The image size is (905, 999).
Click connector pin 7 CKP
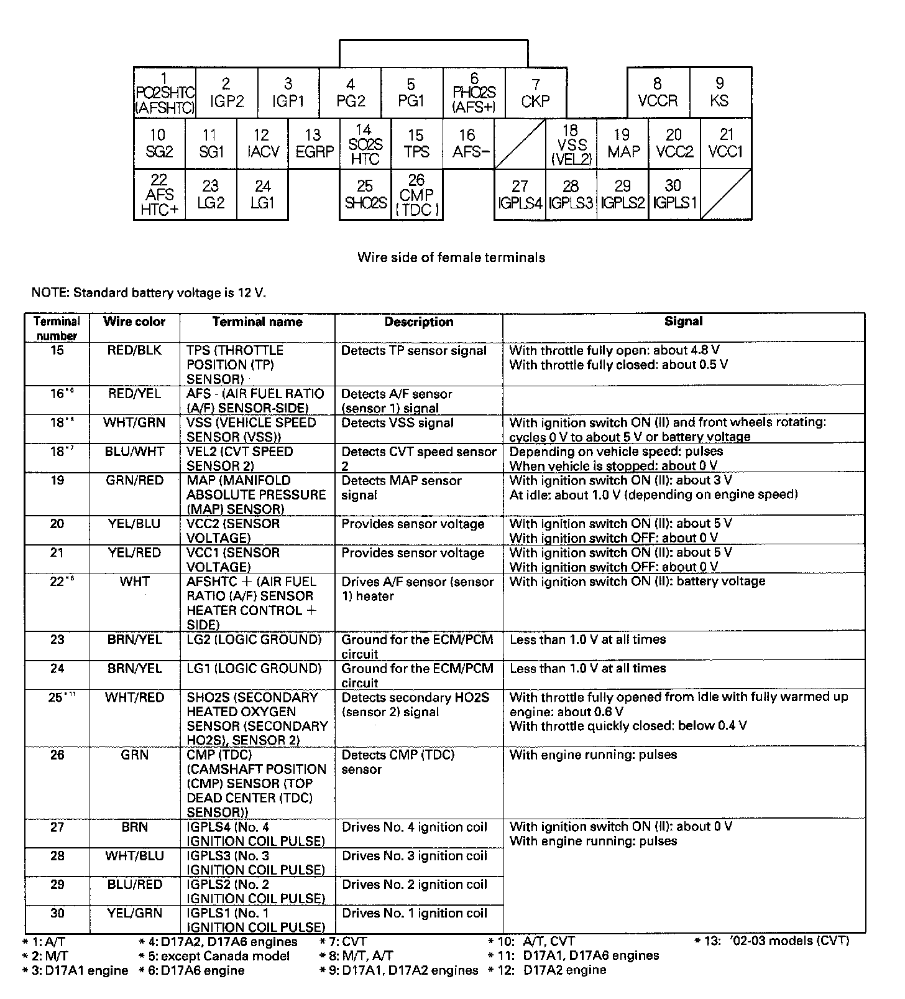pos(536,93)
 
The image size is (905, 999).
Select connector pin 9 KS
pos(720,93)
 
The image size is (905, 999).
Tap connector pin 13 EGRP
pos(314,144)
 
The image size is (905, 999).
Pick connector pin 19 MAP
pos(622,144)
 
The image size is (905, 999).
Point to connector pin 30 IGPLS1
pos(674,195)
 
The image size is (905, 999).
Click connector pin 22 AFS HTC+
pos(159,195)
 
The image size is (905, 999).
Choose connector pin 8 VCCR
pos(658,93)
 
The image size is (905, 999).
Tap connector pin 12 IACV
pos(262,144)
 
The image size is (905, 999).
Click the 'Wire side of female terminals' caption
pos(451,258)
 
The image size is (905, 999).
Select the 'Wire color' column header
pos(134,322)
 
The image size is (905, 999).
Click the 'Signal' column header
pos(683,322)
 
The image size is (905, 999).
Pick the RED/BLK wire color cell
pos(134,351)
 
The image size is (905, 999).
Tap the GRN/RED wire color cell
pos(134,481)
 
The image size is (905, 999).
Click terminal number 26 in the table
pos(57,755)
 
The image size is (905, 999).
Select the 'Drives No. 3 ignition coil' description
pos(415,856)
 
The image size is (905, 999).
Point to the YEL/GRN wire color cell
pos(134,913)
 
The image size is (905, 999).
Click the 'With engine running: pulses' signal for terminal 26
pos(593,755)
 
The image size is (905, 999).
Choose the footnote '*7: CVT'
pos(343,942)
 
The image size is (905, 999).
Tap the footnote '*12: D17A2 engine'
pos(547,970)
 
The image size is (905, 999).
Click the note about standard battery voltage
pos(149,292)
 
